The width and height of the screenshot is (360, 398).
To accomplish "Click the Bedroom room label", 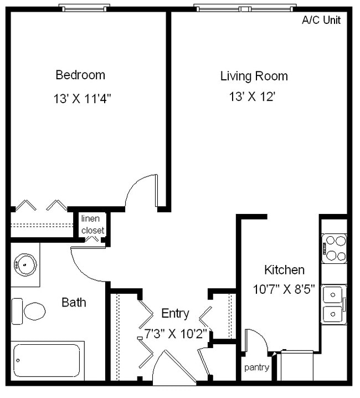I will [80, 75].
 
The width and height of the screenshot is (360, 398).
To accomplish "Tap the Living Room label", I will [254, 76].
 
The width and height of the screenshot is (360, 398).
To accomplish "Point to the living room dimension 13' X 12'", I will [253, 97].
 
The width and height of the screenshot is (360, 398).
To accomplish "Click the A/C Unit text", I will [321, 21].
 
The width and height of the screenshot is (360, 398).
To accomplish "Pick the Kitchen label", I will [284, 270].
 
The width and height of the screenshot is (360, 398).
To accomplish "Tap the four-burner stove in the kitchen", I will [335, 248].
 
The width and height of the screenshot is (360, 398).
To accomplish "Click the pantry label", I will [256, 368].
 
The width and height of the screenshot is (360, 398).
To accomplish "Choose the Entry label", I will [175, 313].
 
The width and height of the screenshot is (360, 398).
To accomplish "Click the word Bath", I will [74, 303].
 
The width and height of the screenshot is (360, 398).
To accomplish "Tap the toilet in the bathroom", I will [30, 311].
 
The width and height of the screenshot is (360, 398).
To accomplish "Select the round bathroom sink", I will [24, 264].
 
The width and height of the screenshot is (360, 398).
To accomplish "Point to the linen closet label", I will [92, 224].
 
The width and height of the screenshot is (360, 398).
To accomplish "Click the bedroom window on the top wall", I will [84, 8].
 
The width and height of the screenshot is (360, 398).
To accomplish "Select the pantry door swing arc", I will [255, 338].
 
